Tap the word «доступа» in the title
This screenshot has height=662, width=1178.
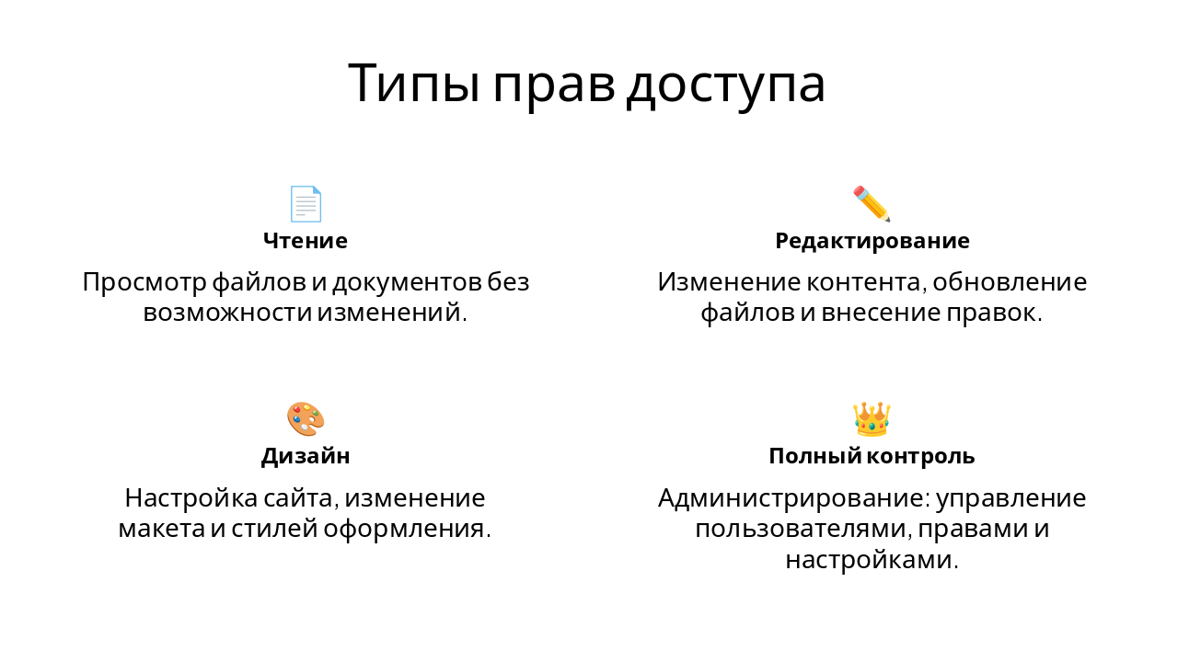[x=725, y=85]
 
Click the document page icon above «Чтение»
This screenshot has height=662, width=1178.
[x=306, y=204]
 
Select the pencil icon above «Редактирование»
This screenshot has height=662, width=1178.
[x=872, y=204]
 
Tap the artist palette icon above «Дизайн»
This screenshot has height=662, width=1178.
[x=306, y=419]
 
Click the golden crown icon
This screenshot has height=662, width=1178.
[x=872, y=419]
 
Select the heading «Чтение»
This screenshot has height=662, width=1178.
[x=306, y=241]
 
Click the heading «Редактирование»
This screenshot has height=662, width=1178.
[x=872, y=241]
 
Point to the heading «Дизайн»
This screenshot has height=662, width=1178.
[x=306, y=456]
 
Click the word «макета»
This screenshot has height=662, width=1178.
[x=157, y=529]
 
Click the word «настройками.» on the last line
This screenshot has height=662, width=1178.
[x=872, y=559]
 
